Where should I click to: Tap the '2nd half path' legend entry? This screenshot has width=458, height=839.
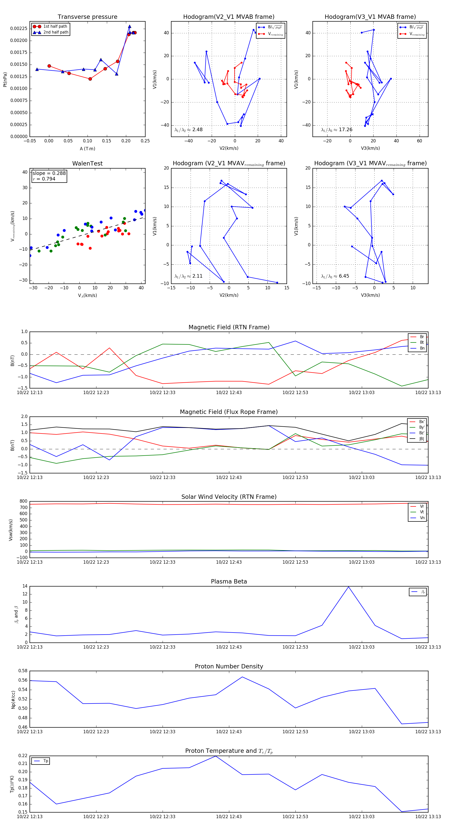[x=56, y=32]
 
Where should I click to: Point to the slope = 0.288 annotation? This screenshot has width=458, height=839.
[x=49, y=173]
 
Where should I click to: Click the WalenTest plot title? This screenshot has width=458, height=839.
[x=87, y=163]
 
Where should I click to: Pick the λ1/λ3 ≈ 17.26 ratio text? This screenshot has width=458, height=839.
[x=336, y=130]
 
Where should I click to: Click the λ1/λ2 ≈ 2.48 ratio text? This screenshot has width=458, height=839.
[x=188, y=130]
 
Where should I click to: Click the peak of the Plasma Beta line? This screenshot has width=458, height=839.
[x=349, y=587]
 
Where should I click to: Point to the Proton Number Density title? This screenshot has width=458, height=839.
[x=229, y=666]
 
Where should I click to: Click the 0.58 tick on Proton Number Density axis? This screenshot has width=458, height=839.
[x=23, y=671]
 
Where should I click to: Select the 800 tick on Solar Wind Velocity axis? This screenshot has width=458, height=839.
[x=23, y=501]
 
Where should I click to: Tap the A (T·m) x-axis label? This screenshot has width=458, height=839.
[x=87, y=148]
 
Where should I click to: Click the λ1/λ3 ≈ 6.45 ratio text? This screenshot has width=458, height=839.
[x=335, y=276]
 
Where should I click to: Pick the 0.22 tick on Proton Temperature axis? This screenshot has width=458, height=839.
[x=23, y=756]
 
